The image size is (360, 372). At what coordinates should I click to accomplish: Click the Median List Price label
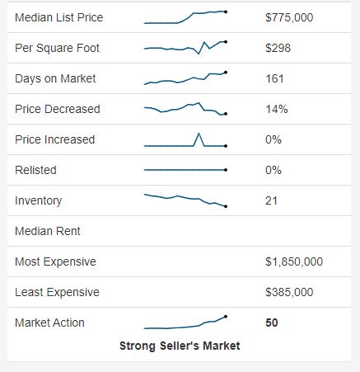[59, 17]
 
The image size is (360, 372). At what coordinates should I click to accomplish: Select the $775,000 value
[289, 17]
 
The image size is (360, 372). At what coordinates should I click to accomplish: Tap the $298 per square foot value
[277, 48]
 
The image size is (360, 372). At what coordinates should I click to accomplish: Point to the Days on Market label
[55, 78]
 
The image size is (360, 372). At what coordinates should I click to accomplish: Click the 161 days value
[274, 78]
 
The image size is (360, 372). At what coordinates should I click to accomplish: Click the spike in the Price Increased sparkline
[199, 134]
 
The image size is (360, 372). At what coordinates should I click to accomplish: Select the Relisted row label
[35, 170]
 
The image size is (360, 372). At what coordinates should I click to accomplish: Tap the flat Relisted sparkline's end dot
[226, 170]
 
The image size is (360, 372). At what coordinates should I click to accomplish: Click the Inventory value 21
[272, 200]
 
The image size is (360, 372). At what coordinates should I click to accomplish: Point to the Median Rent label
[48, 231]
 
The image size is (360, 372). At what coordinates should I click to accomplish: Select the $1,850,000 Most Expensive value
[294, 261]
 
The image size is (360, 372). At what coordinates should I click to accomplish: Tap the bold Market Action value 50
[272, 323]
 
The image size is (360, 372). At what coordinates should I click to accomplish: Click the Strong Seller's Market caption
[180, 346]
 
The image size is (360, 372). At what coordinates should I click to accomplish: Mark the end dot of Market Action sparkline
[226, 316]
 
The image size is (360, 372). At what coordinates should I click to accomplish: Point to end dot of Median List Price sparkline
[226, 12]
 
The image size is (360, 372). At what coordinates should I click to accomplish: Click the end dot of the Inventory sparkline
[226, 206]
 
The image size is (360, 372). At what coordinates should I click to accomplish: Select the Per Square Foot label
[57, 48]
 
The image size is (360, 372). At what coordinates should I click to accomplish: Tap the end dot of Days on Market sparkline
[226, 73]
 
